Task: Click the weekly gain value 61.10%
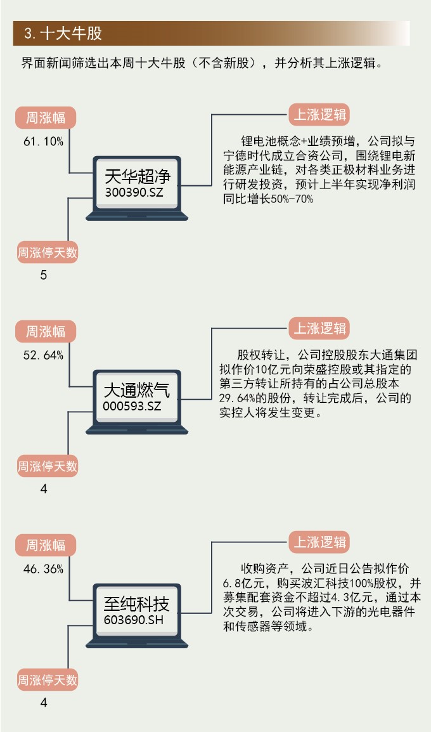coord(43,142)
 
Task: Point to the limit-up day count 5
coord(44,275)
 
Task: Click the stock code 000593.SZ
coord(132,406)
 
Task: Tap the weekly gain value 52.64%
coord(43,355)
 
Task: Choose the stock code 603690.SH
coord(133,620)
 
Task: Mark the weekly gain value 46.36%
coord(43,569)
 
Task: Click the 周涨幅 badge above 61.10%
coord(46,118)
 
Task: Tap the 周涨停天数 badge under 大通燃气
coord(48,467)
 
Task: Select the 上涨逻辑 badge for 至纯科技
coord(319,542)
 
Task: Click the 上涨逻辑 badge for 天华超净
coord(319,115)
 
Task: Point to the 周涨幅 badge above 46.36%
coord(46,545)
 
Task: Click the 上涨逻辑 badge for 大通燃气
coord(319,329)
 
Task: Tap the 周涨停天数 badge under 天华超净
coord(48,253)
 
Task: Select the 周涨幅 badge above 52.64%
coord(46,331)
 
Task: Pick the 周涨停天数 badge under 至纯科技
coord(48,681)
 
